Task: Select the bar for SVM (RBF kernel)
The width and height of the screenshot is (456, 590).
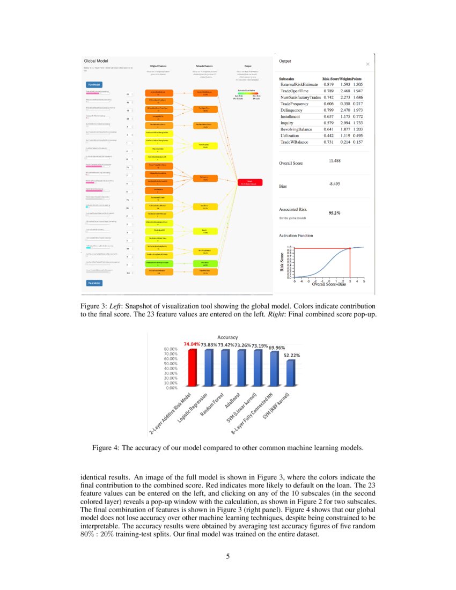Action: pos(291,373)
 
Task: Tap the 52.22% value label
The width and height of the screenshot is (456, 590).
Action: pos(291,355)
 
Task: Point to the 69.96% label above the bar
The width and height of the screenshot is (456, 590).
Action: pos(277,348)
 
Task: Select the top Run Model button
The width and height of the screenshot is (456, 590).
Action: pos(94,84)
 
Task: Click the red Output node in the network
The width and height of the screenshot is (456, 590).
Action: pos(250,182)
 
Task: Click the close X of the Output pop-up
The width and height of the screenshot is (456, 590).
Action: pos(367,64)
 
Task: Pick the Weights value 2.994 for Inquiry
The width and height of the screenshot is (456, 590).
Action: pos(345,123)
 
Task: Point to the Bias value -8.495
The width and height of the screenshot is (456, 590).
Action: pos(335,185)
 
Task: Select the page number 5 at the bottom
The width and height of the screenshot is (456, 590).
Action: pos(227,556)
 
